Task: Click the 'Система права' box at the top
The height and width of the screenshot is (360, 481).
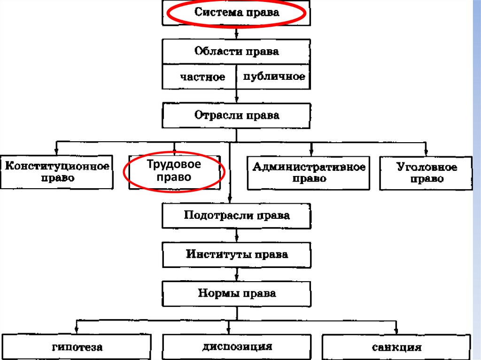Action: [x=236, y=13]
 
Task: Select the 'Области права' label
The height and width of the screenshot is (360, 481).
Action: [x=236, y=52]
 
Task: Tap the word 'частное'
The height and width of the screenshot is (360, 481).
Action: [x=202, y=77]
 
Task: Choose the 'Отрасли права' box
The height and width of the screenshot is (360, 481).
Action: [x=236, y=115]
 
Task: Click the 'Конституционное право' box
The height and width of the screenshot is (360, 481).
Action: [x=57, y=172]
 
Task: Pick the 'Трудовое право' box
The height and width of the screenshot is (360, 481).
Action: [x=174, y=171]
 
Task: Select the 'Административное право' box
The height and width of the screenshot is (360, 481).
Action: [x=309, y=173]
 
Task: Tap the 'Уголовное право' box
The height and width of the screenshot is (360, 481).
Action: [x=426, y=173]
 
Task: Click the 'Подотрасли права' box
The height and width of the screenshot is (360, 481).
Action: [x=236, y=216]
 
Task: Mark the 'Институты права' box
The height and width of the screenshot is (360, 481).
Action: [x=236, y=255]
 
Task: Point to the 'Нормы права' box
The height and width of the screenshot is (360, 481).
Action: [x=236, y=294]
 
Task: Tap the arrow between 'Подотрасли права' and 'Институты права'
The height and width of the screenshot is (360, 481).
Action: [x=236, y=235]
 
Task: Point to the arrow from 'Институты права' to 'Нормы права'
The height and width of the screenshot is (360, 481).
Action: [x=236, y=274]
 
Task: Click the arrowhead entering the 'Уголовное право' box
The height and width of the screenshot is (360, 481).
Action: [x=426, y=152]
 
